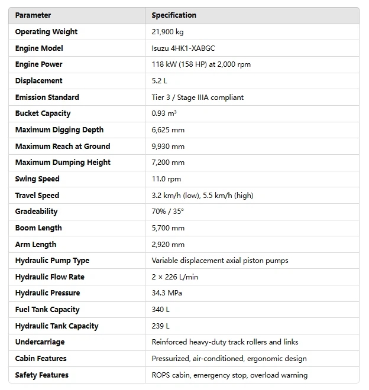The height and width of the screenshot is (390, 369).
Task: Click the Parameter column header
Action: (x=33, y=15)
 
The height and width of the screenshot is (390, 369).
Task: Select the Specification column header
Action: (x=174, y=15)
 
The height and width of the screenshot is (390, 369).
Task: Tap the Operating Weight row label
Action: (x=46, y=32)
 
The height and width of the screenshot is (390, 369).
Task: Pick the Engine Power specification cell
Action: (x=201, y=64)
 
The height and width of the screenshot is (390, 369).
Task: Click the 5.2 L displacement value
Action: (x=159, y=81)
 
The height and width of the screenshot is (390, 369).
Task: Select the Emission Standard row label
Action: (x=47, y=97)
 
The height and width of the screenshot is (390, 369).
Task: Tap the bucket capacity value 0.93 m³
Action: (x=164, y=113)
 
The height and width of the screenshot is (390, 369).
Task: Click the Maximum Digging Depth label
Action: (x=59, y=130)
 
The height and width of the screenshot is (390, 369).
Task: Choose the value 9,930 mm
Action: (x=168, y=147)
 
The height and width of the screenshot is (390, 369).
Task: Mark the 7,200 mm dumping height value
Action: (x=168, y=162)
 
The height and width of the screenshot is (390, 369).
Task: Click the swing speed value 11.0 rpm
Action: (x=166, y=179)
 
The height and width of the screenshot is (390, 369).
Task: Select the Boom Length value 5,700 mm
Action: (x=168, y=228)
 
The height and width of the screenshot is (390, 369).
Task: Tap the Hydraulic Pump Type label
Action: (x=52, y=261)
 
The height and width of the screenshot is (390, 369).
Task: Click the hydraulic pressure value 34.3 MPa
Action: (x=168, y=293)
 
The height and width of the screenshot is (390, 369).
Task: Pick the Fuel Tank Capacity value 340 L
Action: (x=160, y=310)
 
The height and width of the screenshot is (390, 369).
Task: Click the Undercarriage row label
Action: (x=40, y=342)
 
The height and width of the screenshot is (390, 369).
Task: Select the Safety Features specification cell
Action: (x=229, y=375)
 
